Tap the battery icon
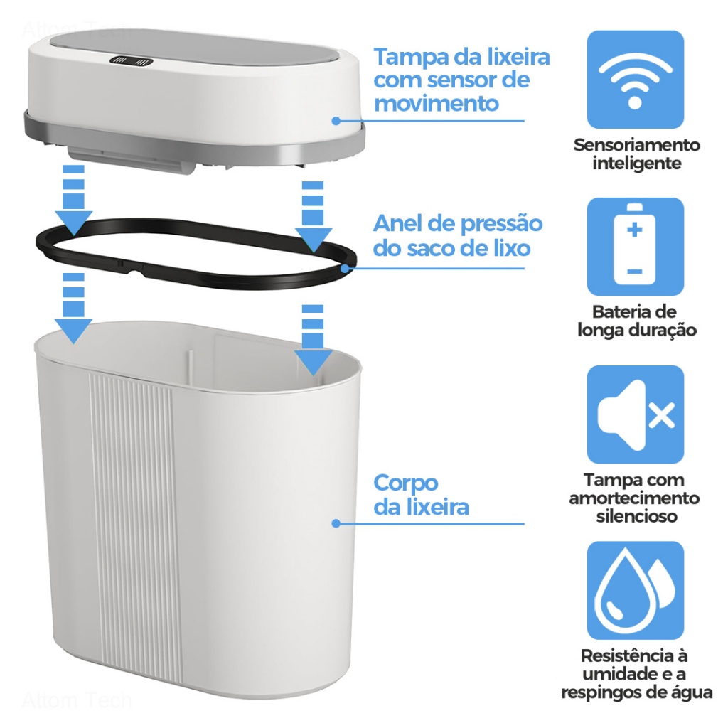(635, 247)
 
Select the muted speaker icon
(635, 414)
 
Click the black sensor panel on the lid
(132, 61)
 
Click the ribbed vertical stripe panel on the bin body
(134, 525)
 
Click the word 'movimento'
(437, 103)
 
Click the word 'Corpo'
(406, 483)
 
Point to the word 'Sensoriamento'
(636, 145)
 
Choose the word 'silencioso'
(636, 516)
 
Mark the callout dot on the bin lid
(336, 121)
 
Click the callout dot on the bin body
(336, 524)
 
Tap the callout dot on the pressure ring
(345, 268)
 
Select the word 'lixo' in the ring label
(512, 248)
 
